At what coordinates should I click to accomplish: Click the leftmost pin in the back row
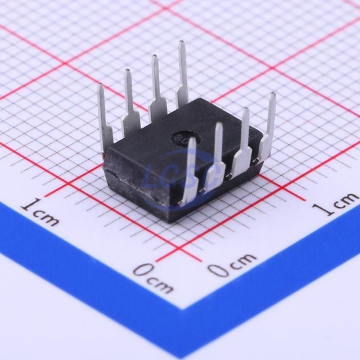[104, 119]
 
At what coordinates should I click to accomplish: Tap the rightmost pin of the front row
[268, 128]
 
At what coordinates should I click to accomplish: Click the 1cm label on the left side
[39, 211]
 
